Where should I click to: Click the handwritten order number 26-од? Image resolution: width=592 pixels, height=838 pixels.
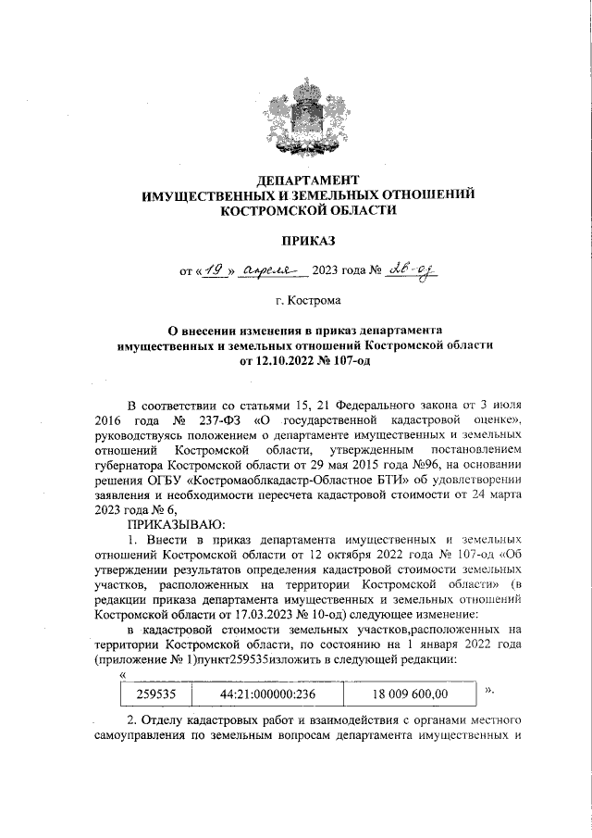pos(411,269)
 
